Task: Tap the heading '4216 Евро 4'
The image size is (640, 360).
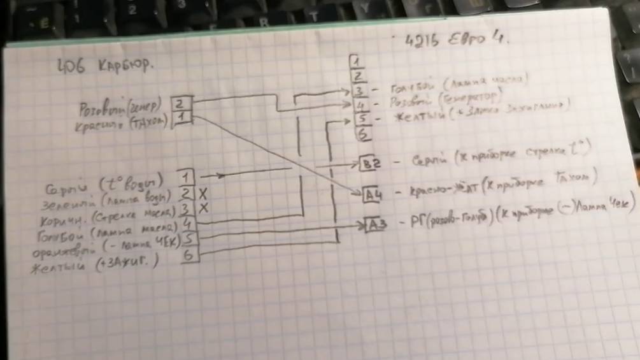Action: tap(457, 41)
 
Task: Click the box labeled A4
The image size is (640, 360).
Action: tap(373, 194)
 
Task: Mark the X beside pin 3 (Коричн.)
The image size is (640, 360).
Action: tap(204, 208)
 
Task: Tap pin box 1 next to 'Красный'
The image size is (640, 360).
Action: tap(182, 117)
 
